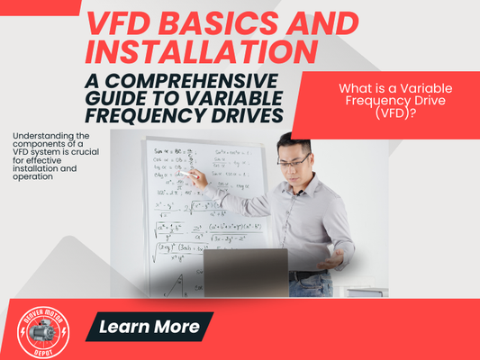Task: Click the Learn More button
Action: click(149, 327)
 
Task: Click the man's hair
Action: click(294, 144)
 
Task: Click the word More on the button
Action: click(176, 327)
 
